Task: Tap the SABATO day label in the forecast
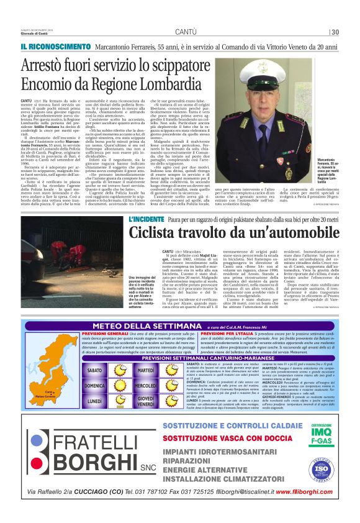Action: [95, 370]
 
